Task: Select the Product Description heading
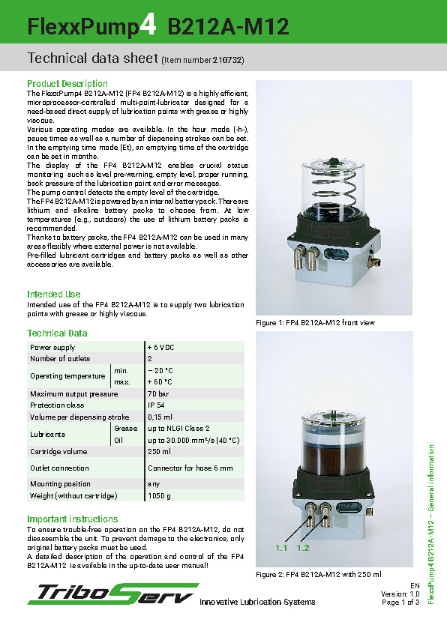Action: (x=67, y=83)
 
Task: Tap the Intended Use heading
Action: (x=54, y=295)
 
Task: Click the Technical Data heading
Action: (x=57, y=333)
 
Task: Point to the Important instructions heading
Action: (x=73, y=519)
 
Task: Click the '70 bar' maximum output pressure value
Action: (x=157, y=393)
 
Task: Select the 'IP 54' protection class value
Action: (x=156, y=405)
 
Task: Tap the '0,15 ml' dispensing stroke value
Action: (x=160, y=417)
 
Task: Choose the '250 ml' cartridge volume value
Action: (x=158, y=452)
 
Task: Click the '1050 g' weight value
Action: (x=158, y=496)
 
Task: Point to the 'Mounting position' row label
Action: (x=60, y=484)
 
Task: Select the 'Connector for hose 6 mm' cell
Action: (x=190, y=468)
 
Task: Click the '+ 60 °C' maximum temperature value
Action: (x=160, y=382)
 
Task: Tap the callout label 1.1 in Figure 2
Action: (x=281, y=549)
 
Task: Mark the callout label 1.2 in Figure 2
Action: (x=303, y=549)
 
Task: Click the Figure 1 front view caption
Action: (x=315, y=323)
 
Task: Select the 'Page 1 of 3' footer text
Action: (x=400, y=603)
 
